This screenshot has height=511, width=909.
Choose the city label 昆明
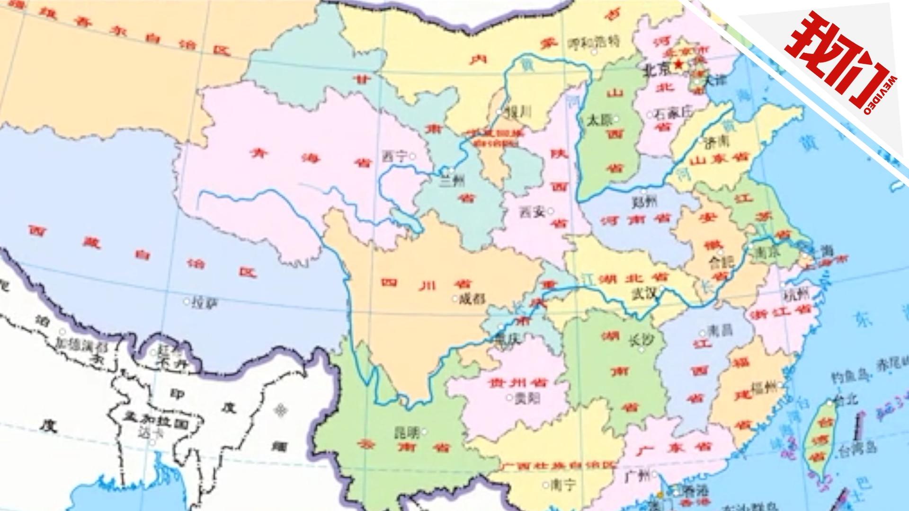pyautogui.click(x=407, y=432)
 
